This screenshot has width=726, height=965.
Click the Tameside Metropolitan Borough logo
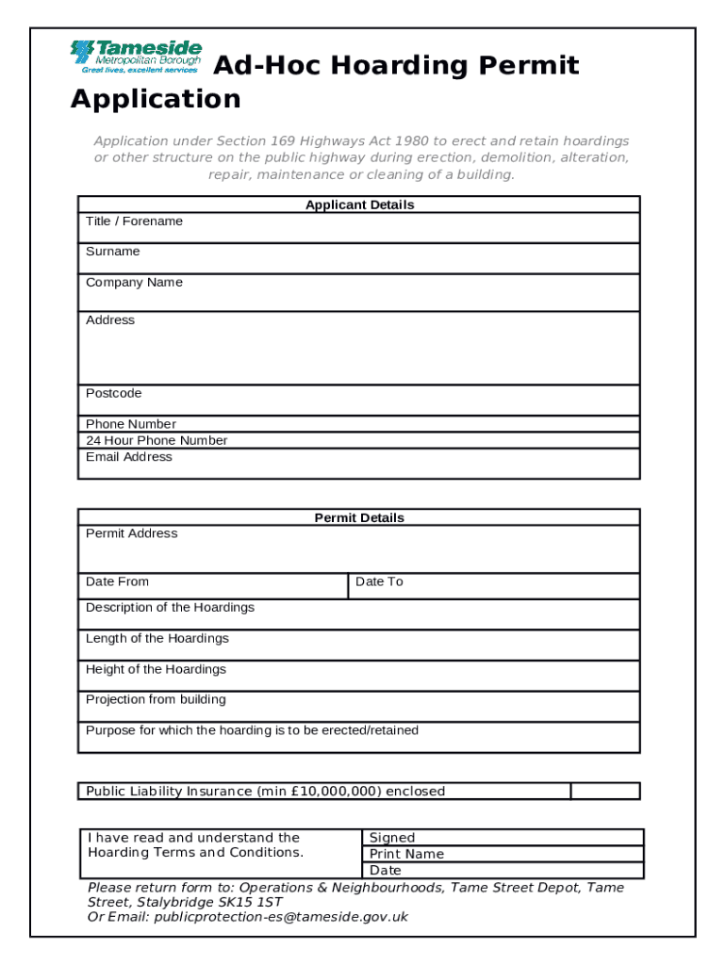point(136,57)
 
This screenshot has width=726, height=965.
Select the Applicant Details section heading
point(359,204)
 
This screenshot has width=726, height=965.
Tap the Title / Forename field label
point(134,221)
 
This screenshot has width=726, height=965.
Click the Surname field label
point(112,252)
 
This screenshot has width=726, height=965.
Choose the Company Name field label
point(134,283)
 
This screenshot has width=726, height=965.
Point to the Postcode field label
point(113,393)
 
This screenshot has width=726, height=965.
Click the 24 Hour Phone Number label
point(157,440)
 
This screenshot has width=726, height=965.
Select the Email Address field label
point(129,457)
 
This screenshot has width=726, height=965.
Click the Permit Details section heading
point(359,517)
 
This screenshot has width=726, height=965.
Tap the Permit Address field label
point(131,533)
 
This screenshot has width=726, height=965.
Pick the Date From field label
point(117,581)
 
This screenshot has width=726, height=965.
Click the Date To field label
point(379,581)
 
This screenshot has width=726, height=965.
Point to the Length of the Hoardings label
point(157,639)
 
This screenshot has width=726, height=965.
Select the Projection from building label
point(156,699)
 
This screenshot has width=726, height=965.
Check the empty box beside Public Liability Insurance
point(605,791)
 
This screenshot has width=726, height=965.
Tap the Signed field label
point(392,838)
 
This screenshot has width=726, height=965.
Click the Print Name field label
point(406,854)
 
